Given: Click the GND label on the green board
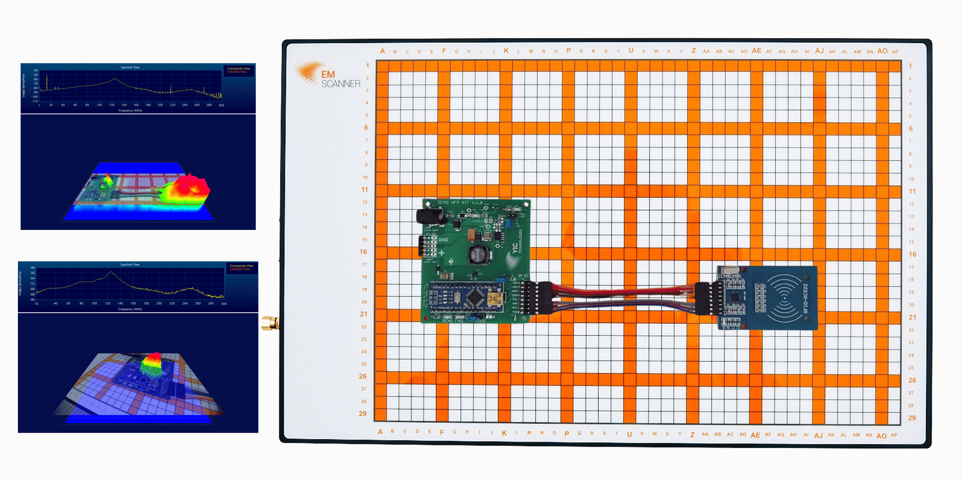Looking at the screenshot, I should [443, 240].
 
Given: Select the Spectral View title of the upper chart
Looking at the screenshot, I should [130, 67].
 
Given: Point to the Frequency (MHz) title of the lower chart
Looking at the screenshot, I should [130, 309].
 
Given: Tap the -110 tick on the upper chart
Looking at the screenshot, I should [34, 101].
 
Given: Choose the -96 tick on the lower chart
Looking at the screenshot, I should [32, 300].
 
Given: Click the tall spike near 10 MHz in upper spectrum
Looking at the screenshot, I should [47, 82].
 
